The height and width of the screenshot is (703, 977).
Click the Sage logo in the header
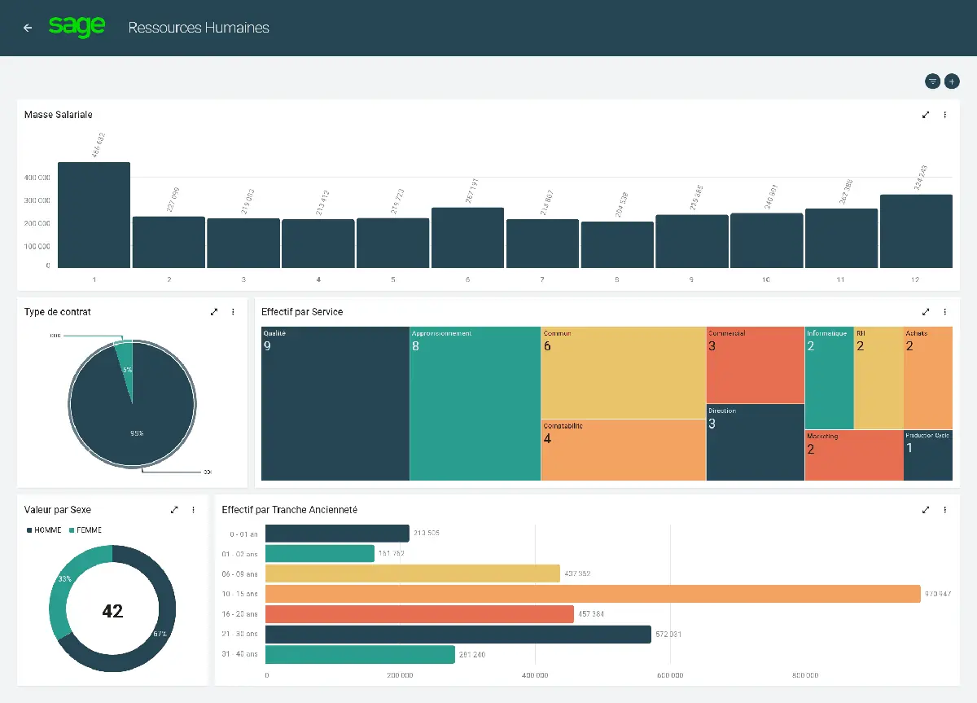[77, 27]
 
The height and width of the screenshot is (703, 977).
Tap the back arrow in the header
[28, 28]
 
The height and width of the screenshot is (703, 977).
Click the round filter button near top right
[932, 81]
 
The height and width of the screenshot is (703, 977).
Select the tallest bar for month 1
[94, 215]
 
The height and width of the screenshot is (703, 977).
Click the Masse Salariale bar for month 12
[916, 231]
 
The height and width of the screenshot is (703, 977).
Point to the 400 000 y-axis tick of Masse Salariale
[37, 178]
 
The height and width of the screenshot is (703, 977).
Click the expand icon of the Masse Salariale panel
[926, 115]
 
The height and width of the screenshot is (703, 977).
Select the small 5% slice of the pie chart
[125, 358]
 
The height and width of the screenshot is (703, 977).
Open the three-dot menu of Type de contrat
[233, 312]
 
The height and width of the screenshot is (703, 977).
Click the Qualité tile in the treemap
[335, 403]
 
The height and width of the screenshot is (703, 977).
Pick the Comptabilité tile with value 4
[623, 450]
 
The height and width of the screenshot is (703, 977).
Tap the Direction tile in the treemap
[755, 442]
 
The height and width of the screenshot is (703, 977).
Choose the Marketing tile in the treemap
[854, 455]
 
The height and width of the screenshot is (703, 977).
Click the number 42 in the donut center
[112, 611]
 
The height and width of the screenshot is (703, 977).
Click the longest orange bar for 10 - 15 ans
[592, 594]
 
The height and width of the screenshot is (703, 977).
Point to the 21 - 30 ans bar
[458, 635]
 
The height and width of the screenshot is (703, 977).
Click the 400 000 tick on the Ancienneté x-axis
[535, 675]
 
